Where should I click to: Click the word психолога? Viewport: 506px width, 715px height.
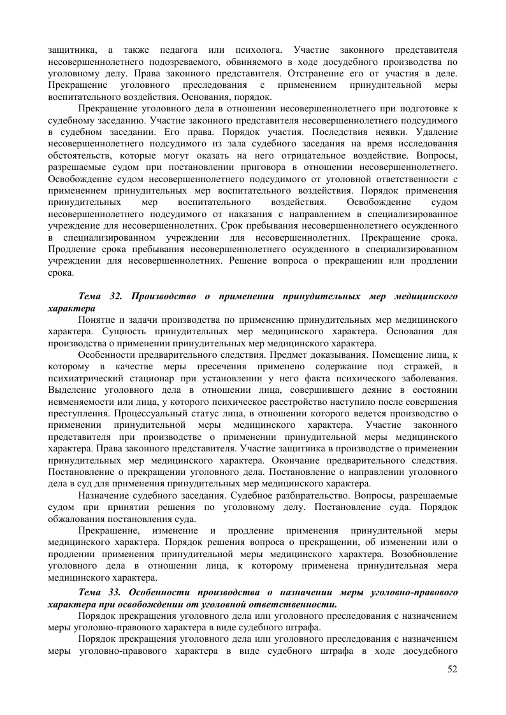pos(240,50)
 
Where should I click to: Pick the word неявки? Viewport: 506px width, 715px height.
pos(391,132)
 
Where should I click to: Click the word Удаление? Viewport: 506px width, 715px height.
pos(436,132)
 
